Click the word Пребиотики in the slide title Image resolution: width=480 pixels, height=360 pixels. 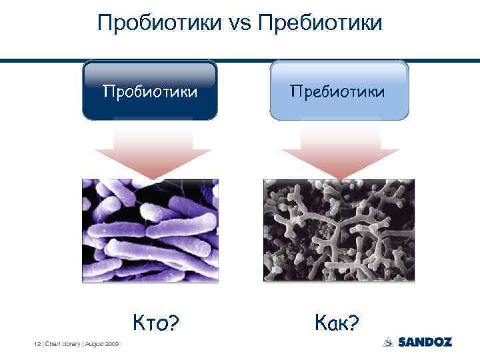tap(320, 23)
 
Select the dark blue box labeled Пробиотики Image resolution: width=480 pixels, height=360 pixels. tap(150, 91)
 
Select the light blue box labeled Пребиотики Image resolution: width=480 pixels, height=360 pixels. tap(339, 91)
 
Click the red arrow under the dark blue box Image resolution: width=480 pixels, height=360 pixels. tap(153, 150)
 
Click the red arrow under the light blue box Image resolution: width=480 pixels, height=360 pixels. tap(339, 150)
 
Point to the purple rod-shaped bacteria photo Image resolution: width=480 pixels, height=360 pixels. tap(150, 230)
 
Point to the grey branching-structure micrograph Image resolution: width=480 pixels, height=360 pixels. tap(339, 230)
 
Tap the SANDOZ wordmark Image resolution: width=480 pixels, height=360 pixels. tap(425, 342)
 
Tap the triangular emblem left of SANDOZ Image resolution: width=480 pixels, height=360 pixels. tap(389, 342)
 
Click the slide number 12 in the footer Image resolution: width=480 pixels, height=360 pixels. tap(37, 343)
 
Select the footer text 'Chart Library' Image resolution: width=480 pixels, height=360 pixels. tap(61, 343)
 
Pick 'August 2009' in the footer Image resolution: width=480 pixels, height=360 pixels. tap(103, 343)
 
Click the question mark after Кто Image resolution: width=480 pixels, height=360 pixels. tap(173, 324)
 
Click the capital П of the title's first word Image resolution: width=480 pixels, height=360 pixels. tap(105, 23)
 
